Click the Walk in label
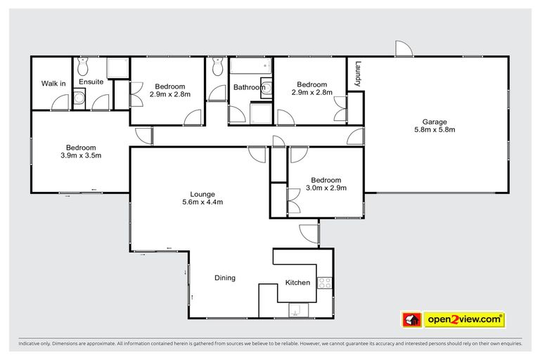coord(53,84)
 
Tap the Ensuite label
coord(91,82)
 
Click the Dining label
coord(225,278)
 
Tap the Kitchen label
coord(297,283)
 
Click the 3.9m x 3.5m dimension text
coord(81,156)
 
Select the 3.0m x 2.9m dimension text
coord(326,188)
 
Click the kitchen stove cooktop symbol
coord(325,283)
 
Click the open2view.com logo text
coord(464,319)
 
